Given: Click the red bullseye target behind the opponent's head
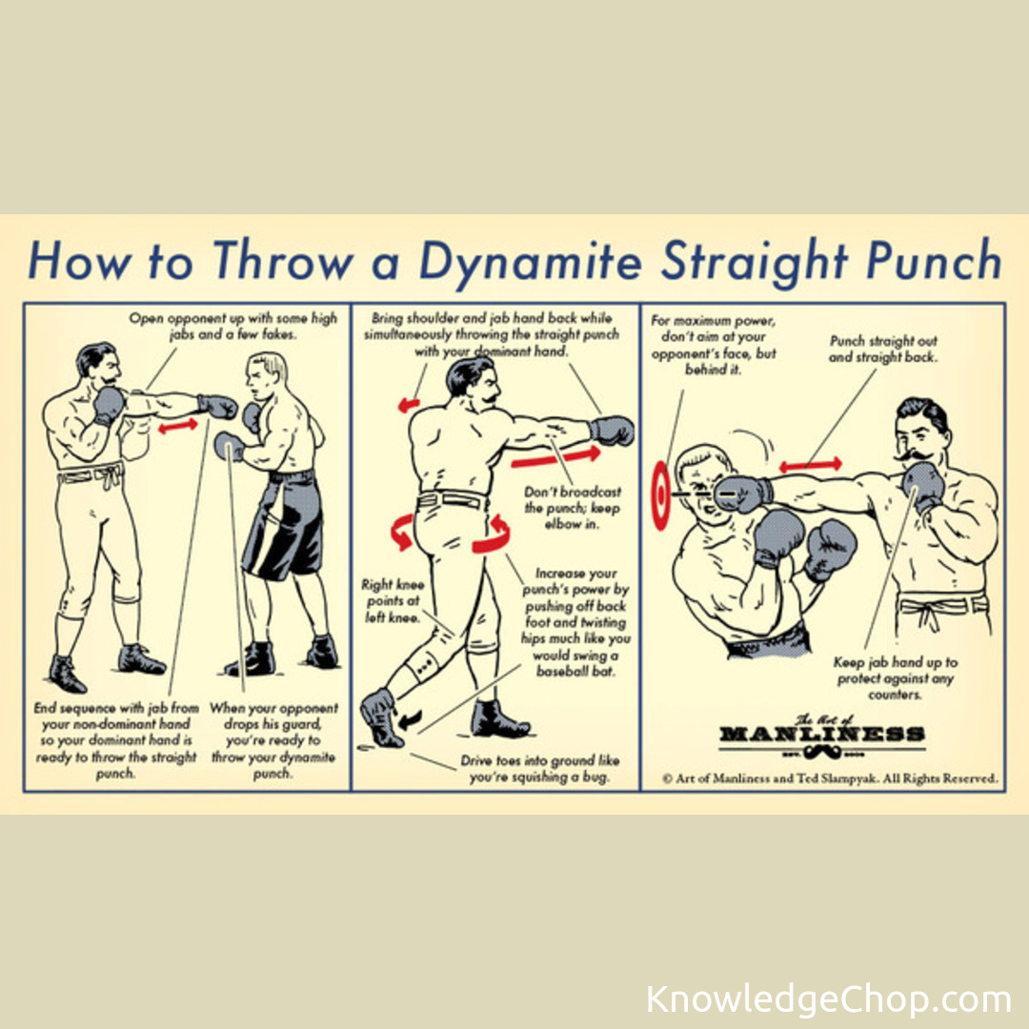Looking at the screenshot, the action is click(x=660, y=494).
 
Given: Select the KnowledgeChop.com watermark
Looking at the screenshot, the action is click(x=828, y=999).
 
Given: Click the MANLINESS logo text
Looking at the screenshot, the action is click(x=821, y=734).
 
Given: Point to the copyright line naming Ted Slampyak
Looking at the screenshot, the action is click(x=830, y=778).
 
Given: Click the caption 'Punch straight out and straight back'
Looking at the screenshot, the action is click(x=883, y=349).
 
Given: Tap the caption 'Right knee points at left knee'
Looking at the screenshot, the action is click(x=393, y=600).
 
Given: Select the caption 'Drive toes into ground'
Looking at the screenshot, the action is click(x=539, y=769).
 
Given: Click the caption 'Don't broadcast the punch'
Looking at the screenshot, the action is click(x=573, y=508).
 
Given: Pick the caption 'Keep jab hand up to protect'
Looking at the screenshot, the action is click(x=895, y=678).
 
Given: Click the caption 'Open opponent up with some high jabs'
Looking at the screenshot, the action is click(x=233, y=326).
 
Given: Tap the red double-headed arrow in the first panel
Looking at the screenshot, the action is click(x=178, y=425).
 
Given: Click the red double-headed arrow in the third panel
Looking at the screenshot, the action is click(x=811, y=465).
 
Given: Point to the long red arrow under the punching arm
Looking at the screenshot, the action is click(x=555, y=456).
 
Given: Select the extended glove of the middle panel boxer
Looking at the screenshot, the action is click(x=612, y=431).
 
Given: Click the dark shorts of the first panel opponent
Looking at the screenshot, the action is click(x=285, y=525).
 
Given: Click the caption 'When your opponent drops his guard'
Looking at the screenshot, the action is click(x=273, y=740).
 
